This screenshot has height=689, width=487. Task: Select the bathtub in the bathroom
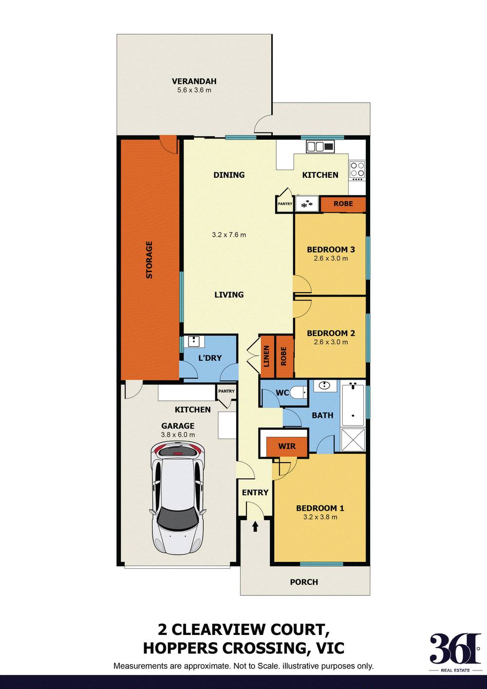coord(353,405)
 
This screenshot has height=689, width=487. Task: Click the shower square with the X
coord(353,440)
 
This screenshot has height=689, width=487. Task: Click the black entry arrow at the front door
coord(255,526)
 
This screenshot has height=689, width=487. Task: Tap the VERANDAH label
coord(194,81)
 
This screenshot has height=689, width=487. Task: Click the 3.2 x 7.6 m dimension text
coord(229,235)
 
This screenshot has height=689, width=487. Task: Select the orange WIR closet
coord(287,446)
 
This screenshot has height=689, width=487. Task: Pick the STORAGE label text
coord(150,260)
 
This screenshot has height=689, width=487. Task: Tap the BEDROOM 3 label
coord(331,249)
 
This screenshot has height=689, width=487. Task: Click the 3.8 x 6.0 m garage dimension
coord(178,435)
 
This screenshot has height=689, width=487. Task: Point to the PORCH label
coord(304,582)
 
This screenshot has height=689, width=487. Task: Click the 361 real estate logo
coord(455,651)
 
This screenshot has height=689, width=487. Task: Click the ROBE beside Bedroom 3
coord(343,204)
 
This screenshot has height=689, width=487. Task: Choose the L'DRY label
coord(210,358)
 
